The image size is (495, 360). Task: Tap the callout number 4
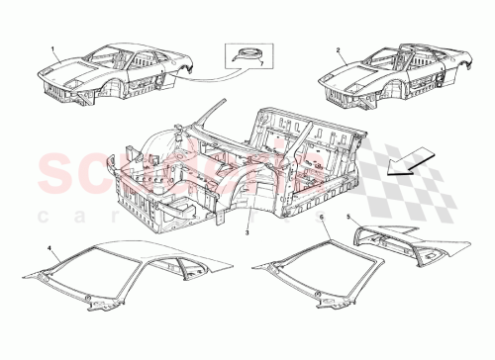(49, 245)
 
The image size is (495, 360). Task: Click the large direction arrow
(409, 155)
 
